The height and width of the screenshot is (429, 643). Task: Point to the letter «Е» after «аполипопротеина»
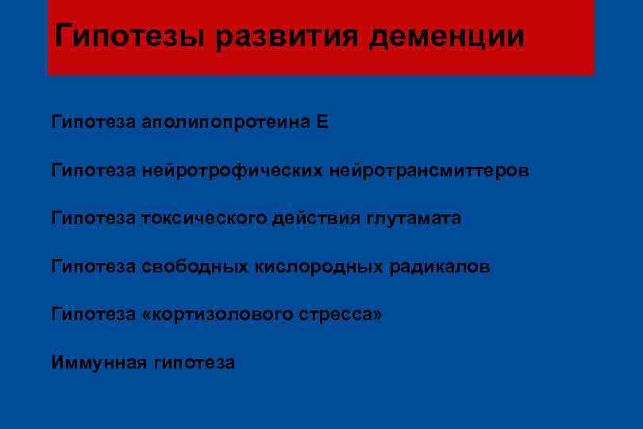pyautogui.click(x=321, y=123)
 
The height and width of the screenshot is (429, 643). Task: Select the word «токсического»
pyautogui.click(x=195, y=218)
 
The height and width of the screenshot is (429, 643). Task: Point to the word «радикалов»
pyautogui.click(x=440, y=267)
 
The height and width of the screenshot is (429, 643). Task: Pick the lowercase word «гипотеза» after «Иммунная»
pyautogui.click(x=194, y=363)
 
